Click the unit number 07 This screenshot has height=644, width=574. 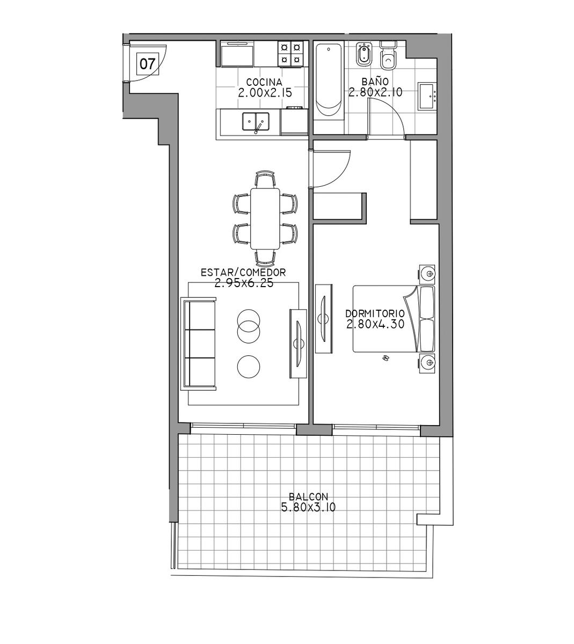click(x=148, y=64)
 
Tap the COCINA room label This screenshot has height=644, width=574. click(x=264, y=82)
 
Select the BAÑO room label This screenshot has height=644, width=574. click(x=375, y=82)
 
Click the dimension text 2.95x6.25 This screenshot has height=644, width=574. click(x=244, y=283)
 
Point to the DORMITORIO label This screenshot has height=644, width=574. click(x=375, y=314)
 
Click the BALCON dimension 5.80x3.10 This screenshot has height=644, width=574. click(x=308, y=507)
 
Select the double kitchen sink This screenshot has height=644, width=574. click(x=256, y=121)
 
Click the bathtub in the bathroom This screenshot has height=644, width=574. click(x=329, y=82)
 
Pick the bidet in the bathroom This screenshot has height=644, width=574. click(x=364, y=55)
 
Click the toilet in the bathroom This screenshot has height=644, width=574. click(x=388, y=56)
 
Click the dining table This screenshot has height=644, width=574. click(x=265, y=219)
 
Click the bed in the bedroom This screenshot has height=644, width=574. click(x=394, y=319)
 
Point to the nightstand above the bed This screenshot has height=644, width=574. click(x=427, y=273)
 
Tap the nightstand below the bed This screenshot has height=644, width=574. click(x=427, y=362)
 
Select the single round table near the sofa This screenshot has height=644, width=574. click(x=249, y=367)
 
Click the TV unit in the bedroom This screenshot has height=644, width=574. click(x=324, y=318)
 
